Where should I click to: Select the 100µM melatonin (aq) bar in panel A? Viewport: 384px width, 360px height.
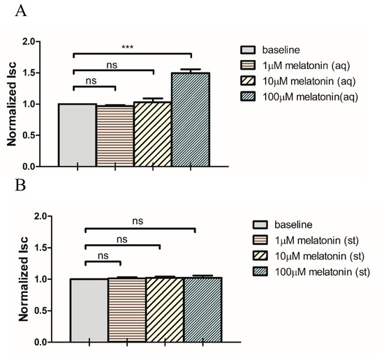coord(191,120)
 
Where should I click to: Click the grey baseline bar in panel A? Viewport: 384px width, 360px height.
coord(77,135)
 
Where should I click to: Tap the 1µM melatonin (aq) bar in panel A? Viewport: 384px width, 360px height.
coord(115,136)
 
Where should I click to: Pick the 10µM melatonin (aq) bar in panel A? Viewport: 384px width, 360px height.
coord(152,135)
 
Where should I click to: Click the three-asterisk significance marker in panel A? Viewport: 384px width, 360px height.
coord(130,47)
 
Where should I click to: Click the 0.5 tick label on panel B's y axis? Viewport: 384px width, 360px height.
coord(40,311)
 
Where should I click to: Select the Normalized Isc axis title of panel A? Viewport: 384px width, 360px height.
coord(12,105)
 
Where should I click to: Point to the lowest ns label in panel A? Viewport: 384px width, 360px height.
coord(91,80)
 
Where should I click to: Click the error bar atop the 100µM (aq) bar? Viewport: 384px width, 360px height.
coord(191,70)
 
